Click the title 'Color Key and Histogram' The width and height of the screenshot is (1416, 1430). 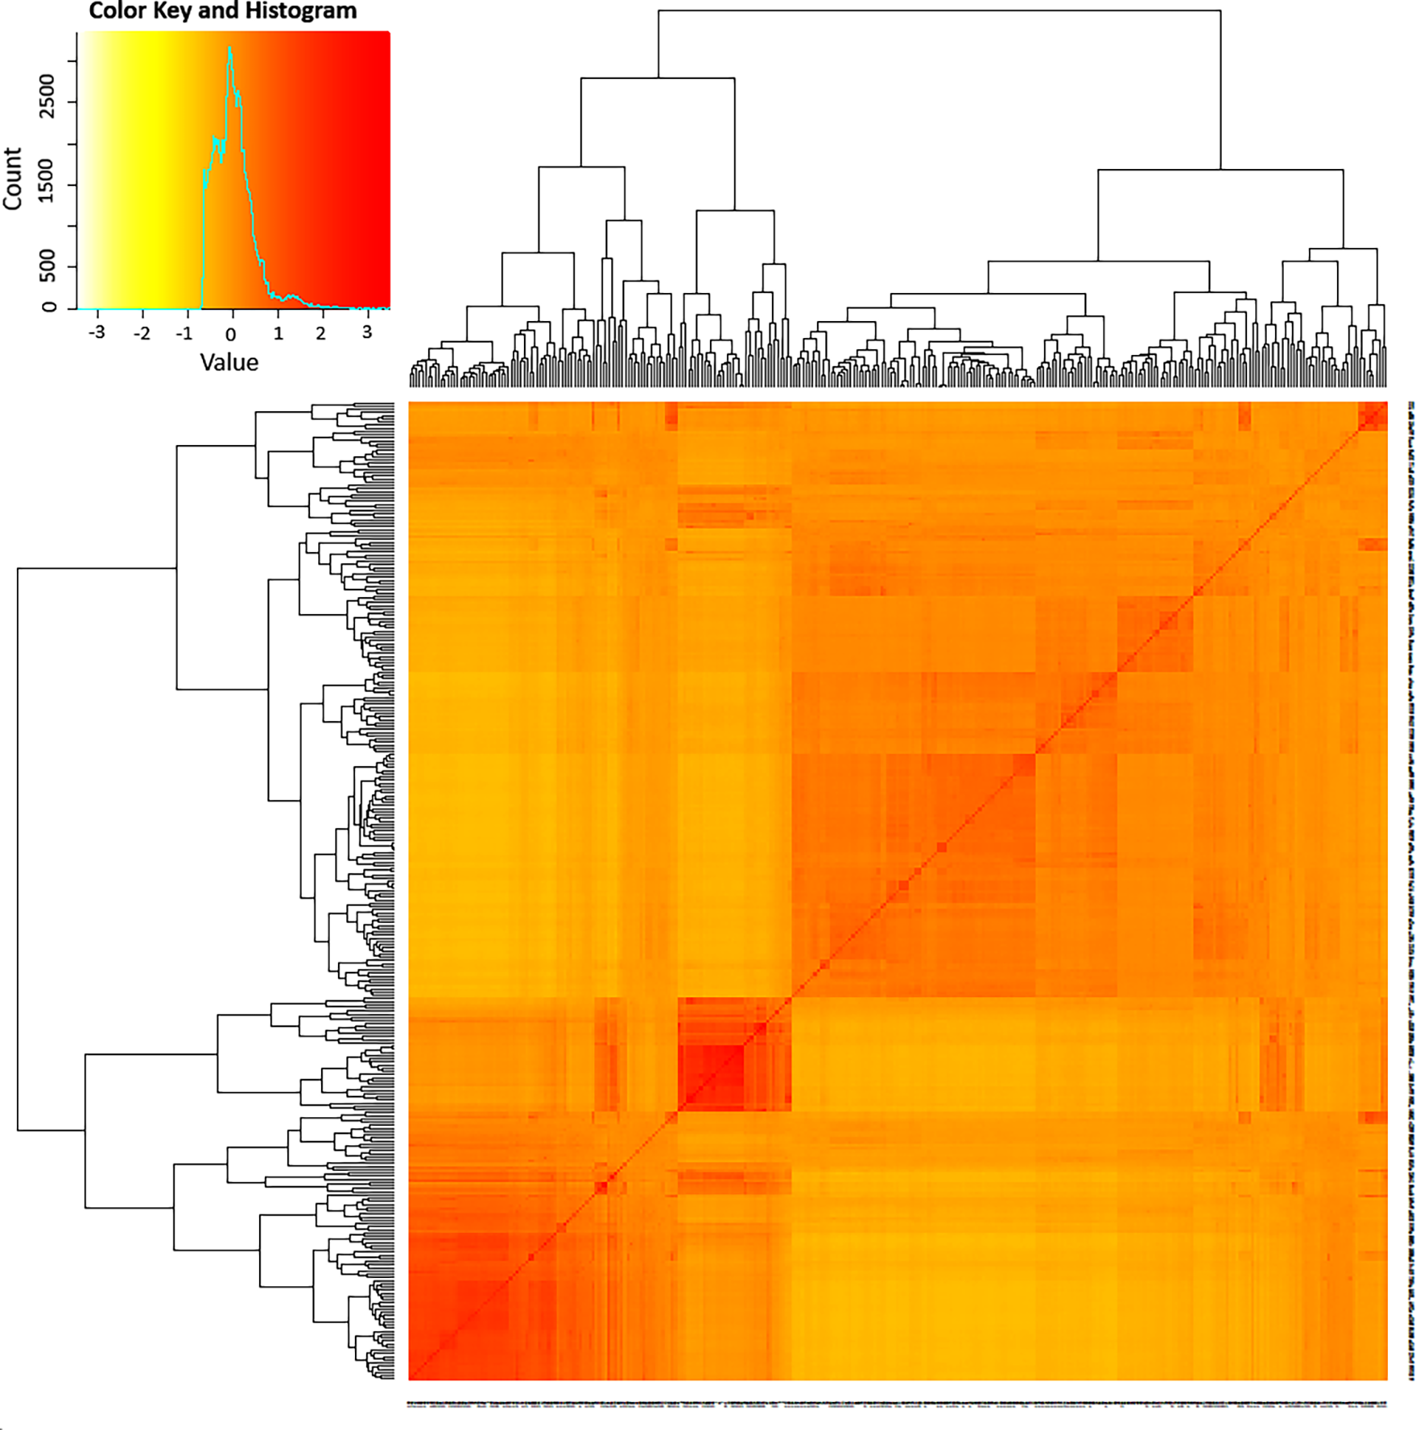coord(222,11)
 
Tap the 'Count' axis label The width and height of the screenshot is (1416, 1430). coord(13,179)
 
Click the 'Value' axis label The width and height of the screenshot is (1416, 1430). coord(229,363)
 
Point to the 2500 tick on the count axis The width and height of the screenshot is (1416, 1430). coord(47,95)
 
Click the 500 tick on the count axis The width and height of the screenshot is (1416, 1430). coord(47,266)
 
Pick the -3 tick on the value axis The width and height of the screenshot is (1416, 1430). coord(96,332)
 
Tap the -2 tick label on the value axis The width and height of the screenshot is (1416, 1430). coord(142,334)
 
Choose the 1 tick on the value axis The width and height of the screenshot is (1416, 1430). coord(278,334)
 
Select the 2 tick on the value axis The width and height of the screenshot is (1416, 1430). coord(321,334)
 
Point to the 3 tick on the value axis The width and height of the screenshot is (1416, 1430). coord(367,332)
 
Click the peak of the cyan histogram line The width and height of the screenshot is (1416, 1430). coord(230,49)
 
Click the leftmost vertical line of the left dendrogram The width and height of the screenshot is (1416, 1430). coord(18,849)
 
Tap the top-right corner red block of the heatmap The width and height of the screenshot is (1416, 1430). coord(1373,416)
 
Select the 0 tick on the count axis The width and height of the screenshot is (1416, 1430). coord(49,306)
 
